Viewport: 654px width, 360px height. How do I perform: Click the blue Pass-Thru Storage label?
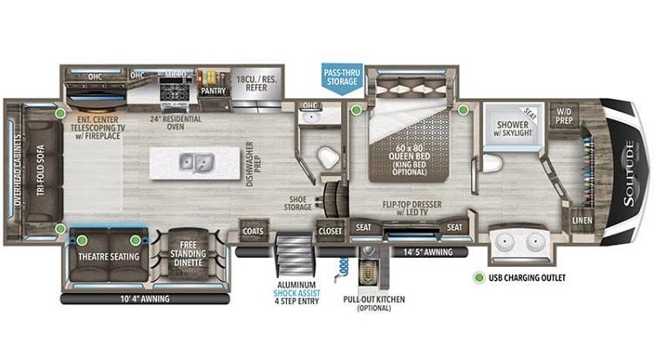pos(340,75)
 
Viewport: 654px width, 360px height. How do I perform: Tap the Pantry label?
pos(213,90)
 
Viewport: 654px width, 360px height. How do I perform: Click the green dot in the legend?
pos(478,278)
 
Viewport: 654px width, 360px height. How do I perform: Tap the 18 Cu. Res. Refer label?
pos(257,84)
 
